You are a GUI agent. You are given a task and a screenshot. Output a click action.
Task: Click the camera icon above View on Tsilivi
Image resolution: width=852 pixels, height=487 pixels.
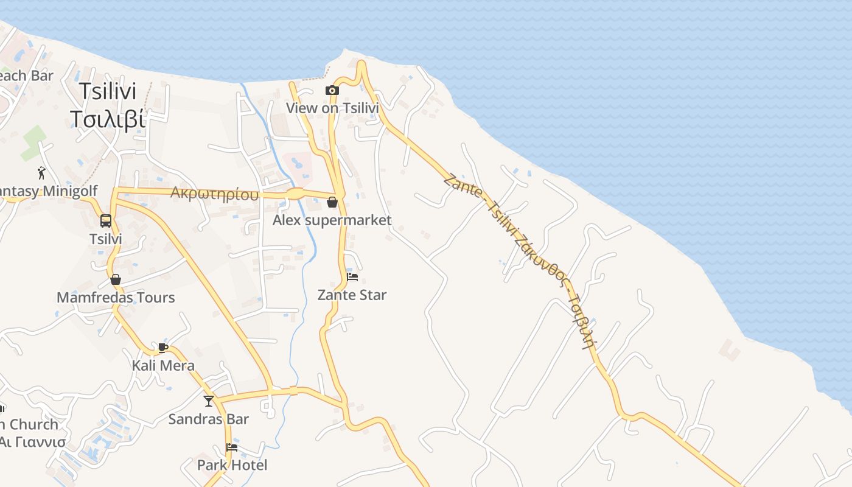332,91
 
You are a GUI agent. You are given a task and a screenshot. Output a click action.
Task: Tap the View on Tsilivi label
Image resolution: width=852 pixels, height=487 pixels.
332,108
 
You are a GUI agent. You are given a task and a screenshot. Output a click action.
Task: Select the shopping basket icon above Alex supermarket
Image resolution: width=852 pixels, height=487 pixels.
332,202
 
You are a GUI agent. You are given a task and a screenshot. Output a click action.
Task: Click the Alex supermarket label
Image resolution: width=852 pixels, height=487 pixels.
332,220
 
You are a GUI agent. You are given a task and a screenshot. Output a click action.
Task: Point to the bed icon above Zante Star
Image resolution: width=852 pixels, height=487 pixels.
352,277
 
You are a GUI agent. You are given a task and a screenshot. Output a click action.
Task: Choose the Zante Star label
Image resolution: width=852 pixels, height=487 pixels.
352,295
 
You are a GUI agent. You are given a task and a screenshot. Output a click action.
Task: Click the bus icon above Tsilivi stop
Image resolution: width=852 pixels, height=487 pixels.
106,220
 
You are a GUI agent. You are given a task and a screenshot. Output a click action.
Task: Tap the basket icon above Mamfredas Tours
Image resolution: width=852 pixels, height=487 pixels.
116,279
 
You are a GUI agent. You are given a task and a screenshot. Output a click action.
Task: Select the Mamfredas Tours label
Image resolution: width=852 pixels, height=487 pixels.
116,298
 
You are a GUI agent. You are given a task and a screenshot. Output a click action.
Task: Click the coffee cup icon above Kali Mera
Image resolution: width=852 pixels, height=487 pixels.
163,348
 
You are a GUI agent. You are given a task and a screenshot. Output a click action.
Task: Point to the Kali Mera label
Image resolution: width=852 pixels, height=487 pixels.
163,366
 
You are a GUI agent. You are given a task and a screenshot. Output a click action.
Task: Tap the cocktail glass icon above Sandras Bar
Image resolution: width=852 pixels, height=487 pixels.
209,401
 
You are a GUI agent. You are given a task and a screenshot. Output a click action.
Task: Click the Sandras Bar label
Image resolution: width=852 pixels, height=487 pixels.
209,419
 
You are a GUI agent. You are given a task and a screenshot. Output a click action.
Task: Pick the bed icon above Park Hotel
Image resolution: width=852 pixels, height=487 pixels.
232,447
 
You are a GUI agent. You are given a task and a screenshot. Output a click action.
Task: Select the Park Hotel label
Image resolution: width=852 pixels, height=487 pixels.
232,466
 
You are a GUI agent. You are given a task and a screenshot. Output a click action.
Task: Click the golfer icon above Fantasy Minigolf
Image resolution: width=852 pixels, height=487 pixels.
41,173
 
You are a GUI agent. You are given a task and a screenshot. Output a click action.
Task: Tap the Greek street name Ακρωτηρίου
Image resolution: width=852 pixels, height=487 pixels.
214,194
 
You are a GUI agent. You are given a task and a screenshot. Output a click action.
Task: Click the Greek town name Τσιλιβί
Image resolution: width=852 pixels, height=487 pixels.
107,119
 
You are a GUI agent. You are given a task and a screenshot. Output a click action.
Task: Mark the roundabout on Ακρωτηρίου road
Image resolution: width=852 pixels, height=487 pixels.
295,194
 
